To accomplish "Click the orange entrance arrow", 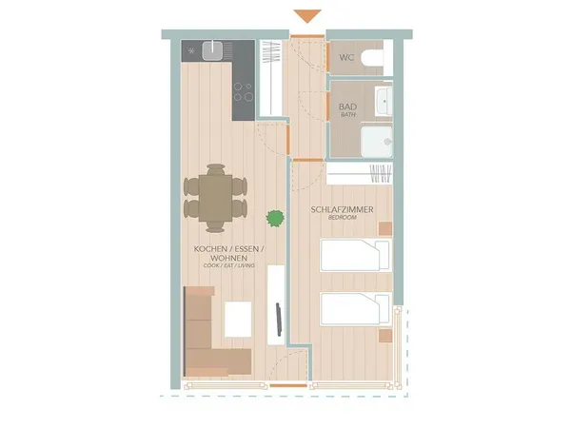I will [x=307, y=16].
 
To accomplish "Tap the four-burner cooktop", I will [x=244, y=91].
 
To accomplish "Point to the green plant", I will [x=276, y=219].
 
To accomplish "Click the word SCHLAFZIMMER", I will [x=342, y=209].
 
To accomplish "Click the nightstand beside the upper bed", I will [x=384, y=228].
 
